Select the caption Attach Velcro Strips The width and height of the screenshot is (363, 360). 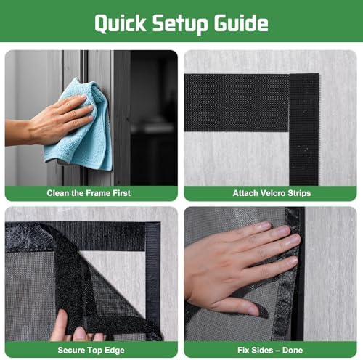click(272, 194)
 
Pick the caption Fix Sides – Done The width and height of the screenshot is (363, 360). click(272, 350)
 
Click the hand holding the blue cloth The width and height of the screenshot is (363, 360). click(62, 120)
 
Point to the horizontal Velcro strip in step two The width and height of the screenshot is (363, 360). click(236, 102)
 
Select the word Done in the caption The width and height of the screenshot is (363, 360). click(295, 350)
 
